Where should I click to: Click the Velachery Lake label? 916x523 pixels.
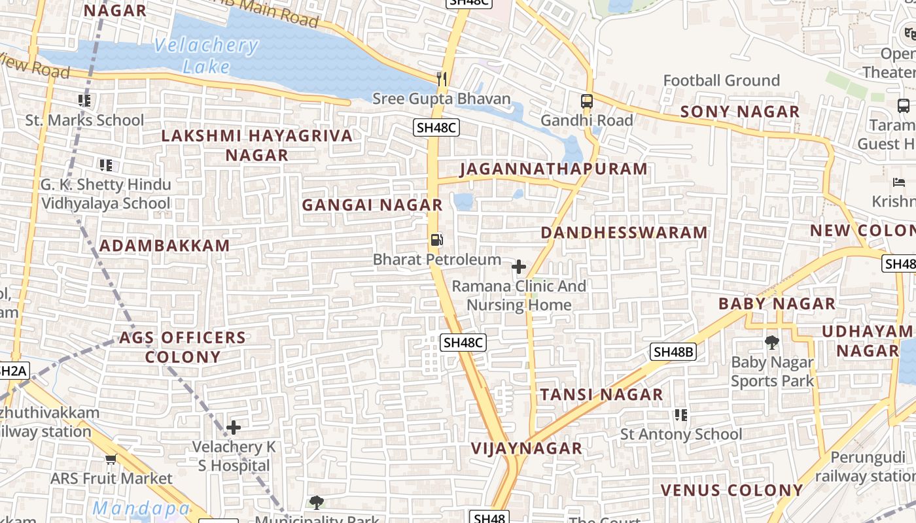pos(207,56)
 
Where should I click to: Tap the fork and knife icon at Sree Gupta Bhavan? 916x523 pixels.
pos(442,79)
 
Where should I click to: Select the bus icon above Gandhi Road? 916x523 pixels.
pos(587,101)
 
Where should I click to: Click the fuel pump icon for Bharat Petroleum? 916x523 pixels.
pos(436,240)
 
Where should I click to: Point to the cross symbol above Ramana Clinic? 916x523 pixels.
pos(519,267)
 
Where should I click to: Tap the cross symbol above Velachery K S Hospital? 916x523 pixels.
pos(234,428)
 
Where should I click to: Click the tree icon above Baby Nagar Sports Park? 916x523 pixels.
pos(772,342)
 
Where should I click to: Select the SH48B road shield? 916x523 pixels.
pos(673,352)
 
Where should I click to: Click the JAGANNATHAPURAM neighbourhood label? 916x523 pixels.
pos(554,169)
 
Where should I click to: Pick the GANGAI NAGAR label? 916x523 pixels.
pos(372,205)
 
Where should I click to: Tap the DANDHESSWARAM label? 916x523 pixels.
pos(624,233)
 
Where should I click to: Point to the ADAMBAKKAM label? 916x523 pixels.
pos(165,246)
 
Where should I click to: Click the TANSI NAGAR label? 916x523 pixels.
pos(601,395)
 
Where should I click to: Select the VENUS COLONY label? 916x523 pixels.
pos(731,490)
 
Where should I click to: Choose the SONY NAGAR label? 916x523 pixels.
pos(740,112)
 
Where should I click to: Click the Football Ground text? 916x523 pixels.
pos(722,80)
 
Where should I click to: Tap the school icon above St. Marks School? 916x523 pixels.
pos(84,100)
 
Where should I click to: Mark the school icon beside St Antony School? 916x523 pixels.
pos(680,415)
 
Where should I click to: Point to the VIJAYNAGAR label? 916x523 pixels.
pos(527,448)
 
